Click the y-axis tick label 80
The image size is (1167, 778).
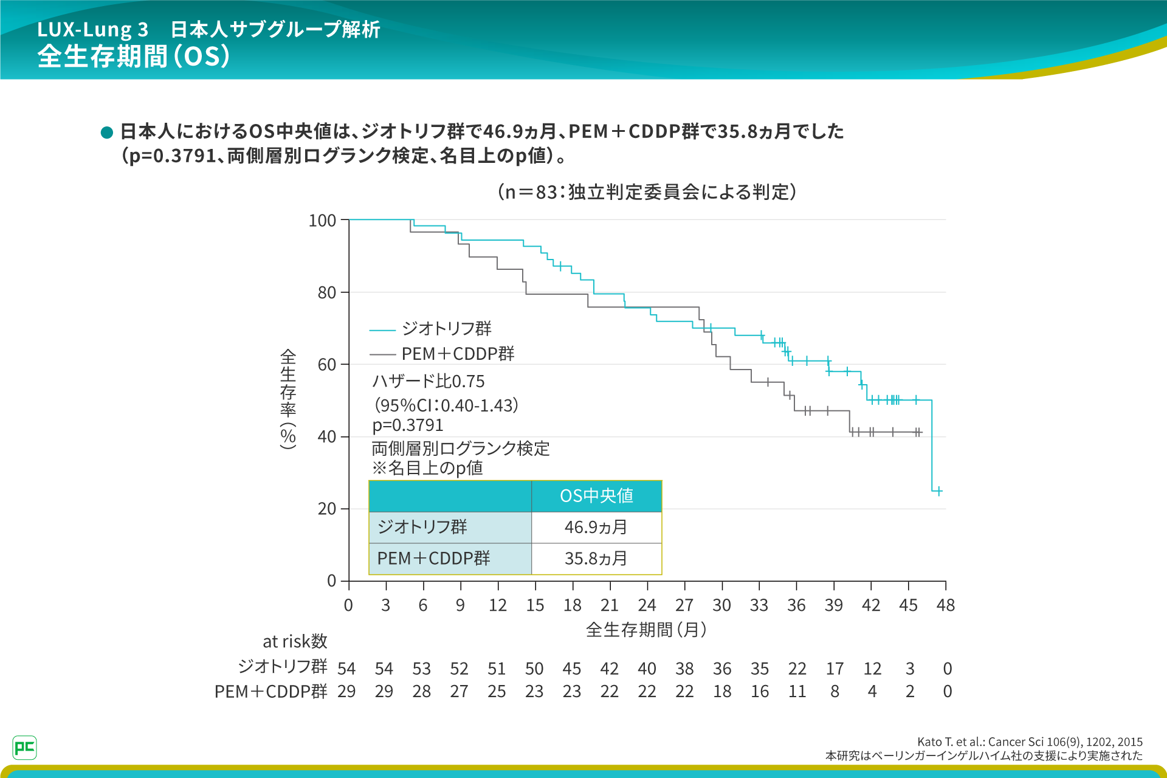click(x=326, y=293)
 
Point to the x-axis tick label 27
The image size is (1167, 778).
click(x=684, y=605)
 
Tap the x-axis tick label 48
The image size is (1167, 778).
click(x=945, y=605)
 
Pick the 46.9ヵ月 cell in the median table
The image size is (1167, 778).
click(x=596, y=527)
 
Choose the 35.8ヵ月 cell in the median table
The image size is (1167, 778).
click(x=596, y=559)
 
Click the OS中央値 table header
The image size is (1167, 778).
click(x=596, y=496)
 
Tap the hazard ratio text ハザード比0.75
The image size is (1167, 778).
click(x=429, y=382)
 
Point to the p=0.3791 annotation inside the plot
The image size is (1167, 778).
click(x=408, y=425)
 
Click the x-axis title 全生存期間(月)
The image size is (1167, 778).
click(x=646, y=630)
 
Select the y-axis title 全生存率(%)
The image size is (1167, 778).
click(x=288, y=398)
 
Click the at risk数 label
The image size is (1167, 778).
click(x=295, y=641)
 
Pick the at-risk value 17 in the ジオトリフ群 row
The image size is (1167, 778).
click(x=835, y=669)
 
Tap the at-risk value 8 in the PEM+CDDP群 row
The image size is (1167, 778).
click(x=835, y=692)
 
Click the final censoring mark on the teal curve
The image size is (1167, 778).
click(x=939, y=491)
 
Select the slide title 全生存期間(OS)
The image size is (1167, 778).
click(x=134, y=57)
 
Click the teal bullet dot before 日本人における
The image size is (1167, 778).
click(x=107, y=133)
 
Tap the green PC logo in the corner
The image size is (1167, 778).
click(x=24, y=748)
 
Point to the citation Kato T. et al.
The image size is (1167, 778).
click(x=1030, y=742)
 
